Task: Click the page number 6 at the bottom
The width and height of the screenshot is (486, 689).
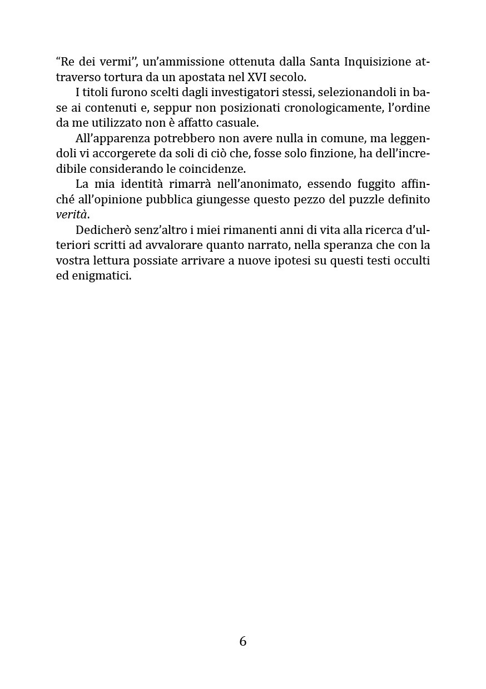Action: [243, 641]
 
